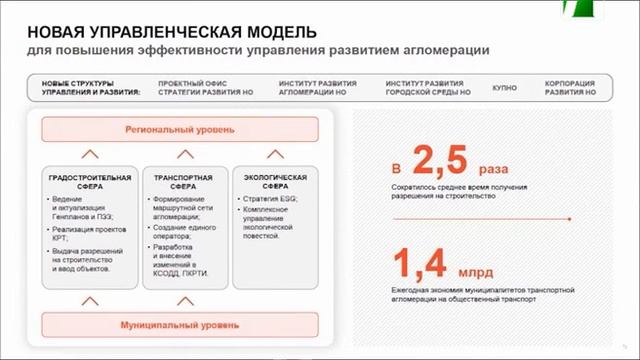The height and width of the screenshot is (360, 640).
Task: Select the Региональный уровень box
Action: click(x=180, y=130)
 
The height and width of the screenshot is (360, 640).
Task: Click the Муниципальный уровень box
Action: click(x=180, y=326)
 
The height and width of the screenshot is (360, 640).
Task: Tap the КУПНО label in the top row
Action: click(x=506, y=88)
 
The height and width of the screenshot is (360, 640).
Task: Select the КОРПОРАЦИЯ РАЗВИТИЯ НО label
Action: click(x=570, y=88)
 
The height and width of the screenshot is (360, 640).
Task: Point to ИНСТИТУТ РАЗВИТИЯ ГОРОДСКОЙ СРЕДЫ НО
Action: click(x=429, y=88)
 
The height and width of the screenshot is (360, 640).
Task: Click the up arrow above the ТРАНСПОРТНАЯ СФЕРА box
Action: click(x=181, y=154)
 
